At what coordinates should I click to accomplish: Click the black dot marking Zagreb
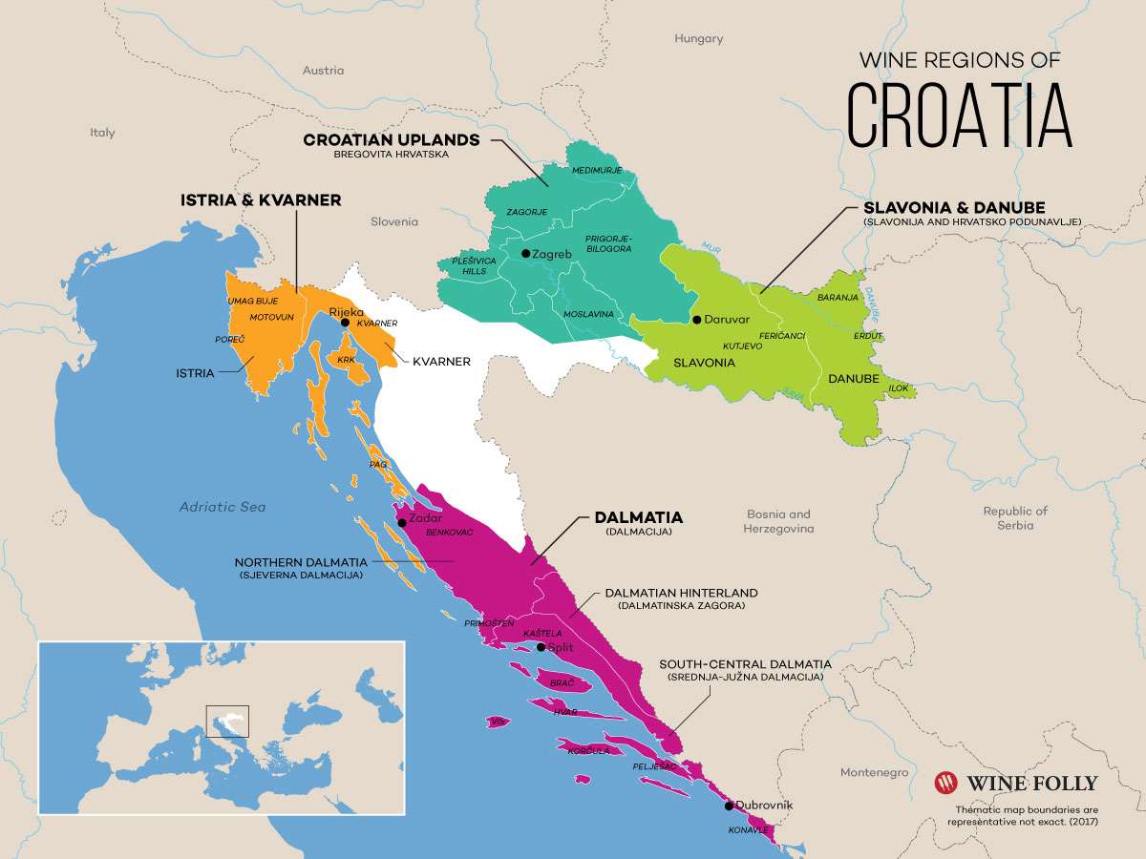tap(525, 254)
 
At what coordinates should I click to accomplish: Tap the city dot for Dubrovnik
tap(730, 806)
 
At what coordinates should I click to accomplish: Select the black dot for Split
tap(541, 647)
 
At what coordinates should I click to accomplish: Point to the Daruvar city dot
tap(697, 320)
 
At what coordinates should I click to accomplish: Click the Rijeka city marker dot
tap(345, 323)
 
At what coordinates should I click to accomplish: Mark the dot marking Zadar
tap(402, 522)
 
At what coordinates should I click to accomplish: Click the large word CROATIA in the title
tap(960, 115)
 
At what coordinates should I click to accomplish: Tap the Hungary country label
tap(699, 39)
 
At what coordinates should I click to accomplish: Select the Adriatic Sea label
tap(223, 507)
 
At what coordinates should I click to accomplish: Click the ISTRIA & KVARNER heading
tap(261, 200)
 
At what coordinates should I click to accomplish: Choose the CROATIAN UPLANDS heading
tap(392, 139)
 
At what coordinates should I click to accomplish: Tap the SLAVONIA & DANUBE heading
tap(954, 207)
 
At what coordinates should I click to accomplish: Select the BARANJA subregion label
tap(838, 298)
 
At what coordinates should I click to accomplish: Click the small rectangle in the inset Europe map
tap(227, 721)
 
